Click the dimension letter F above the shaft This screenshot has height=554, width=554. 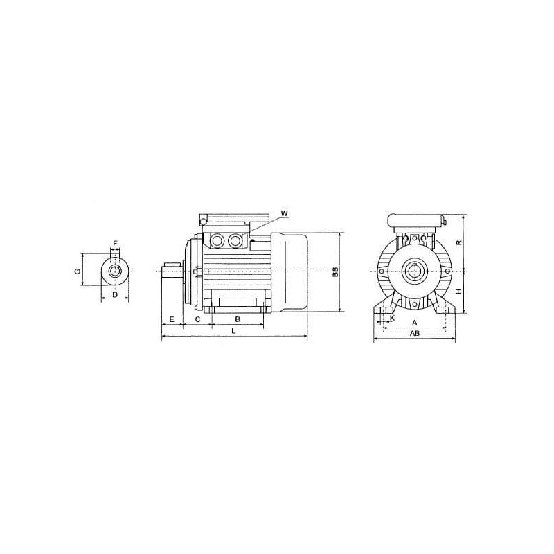[115, 244]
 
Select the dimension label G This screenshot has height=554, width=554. [78, 271]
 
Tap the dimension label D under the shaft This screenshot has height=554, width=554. [115, 295]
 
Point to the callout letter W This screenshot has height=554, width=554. [285, 213]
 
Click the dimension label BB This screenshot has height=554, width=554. [336, 271]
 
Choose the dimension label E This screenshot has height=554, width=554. [172, 319]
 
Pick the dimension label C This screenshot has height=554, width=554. [198, 319]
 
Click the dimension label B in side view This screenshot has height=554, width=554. [238, 319]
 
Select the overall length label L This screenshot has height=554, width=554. [233, 331]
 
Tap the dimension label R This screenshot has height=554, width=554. [458, 243]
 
